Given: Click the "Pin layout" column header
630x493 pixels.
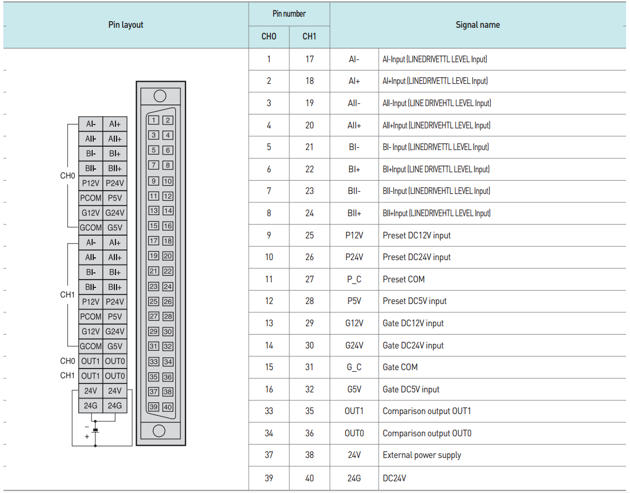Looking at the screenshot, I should tap(125, 25).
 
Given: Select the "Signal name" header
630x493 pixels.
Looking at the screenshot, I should tap(477, 25).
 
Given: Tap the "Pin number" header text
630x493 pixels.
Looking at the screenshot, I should tap(289, 14).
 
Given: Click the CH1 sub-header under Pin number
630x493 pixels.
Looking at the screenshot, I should tap(309, 37).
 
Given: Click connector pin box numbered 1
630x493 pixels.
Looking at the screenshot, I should tap(154, 120).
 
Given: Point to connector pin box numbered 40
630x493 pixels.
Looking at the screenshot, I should tap(168, 407).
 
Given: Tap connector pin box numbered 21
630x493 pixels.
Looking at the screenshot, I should tap(154, 271).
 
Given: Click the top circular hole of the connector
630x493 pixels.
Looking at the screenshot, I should tap(160, 96).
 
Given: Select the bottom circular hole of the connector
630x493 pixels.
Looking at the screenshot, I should tap(159, 431).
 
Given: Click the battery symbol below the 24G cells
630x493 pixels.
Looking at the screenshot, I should tap(95, 430).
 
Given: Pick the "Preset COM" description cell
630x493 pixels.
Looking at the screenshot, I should tap(404, 279).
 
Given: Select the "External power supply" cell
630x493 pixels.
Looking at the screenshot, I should tap(422, 455).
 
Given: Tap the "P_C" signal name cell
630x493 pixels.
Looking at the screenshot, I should tap(354, 279).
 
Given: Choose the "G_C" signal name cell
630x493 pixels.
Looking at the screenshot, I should tap(354, 367).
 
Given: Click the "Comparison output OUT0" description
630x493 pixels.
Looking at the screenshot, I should tap(427, 433).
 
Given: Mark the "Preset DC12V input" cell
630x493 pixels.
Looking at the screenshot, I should tap(416, 235).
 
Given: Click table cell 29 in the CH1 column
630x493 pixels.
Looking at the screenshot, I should tap(309, 323).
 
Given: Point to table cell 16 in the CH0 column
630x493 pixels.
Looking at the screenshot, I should tap(269, 389).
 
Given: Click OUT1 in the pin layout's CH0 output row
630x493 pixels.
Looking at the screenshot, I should tap(90, 361).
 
